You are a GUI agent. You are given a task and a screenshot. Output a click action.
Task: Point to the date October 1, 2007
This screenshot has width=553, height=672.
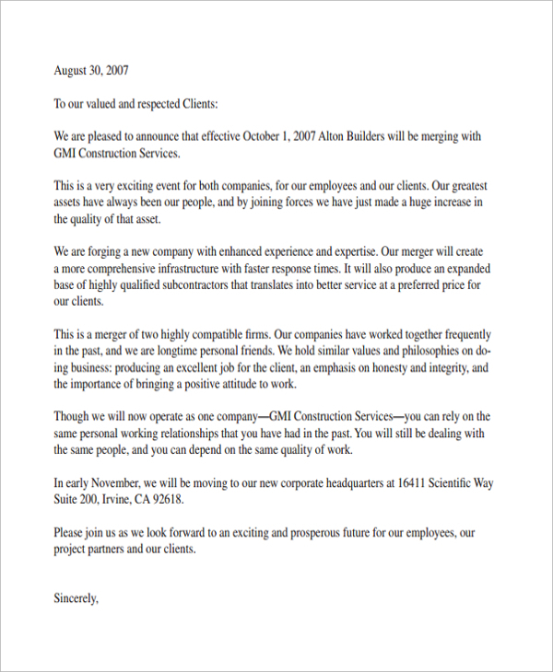pos(278,136)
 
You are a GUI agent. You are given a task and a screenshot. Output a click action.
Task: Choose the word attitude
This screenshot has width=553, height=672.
pos(252,384)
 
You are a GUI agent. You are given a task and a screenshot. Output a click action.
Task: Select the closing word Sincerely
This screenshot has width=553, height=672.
pos(76,598)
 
